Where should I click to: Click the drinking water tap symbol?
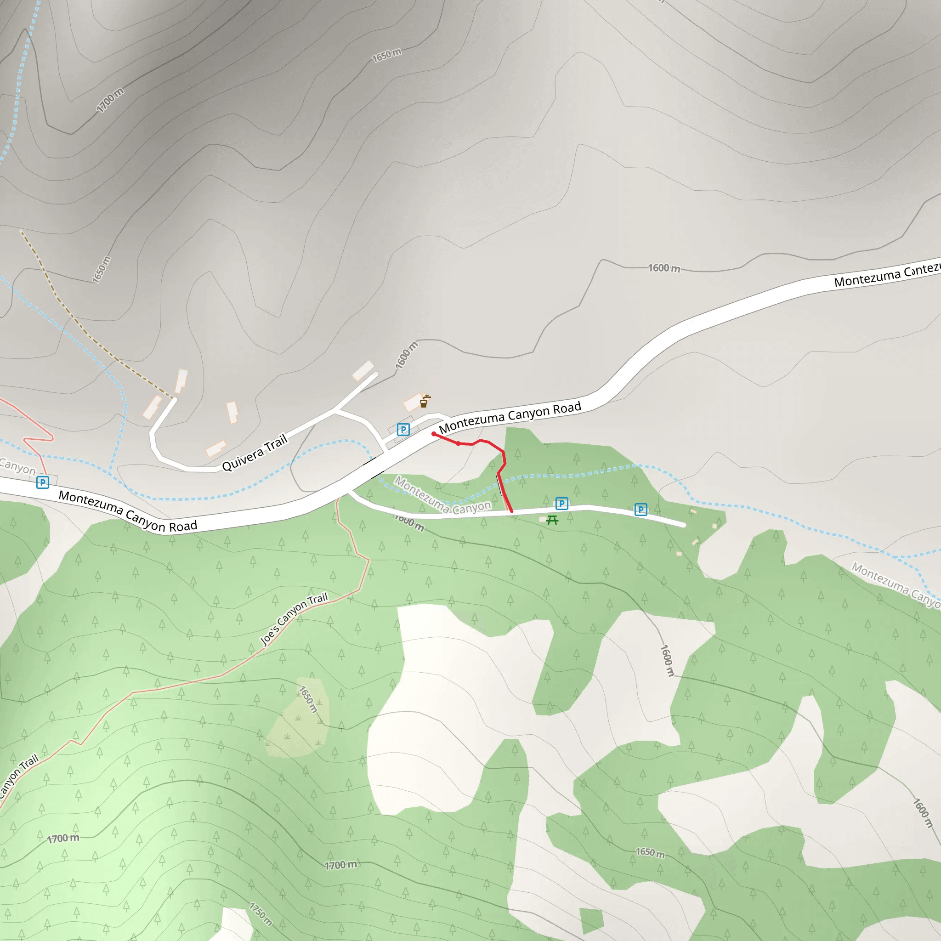click(425, 401)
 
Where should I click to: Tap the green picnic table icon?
click(552, 520)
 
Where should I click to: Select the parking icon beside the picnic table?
click(561, 503)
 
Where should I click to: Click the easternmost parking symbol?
click(641, 510)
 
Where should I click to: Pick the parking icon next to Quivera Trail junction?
click(403, 430)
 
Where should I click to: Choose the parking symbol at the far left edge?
click(43, 482)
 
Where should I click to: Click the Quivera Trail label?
click(255, 453)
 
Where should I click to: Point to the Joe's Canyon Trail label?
click(294, 619)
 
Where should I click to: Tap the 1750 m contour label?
click(261, 914)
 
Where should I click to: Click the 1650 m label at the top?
click(387, 55)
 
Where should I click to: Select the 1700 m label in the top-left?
click(110, 100)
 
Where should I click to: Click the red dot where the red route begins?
click(433, 433)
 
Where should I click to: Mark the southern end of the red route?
click(511, 511)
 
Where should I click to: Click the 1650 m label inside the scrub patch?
click(308, 699)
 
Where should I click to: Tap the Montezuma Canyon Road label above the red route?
click(510, 417)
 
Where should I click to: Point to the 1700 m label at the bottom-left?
click(63, 838)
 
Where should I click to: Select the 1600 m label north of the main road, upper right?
click(664, 268)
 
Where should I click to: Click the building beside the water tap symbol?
click(413, 402)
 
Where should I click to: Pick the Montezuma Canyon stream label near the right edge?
click(895, 584)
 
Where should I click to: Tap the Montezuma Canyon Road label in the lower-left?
click(128, 511)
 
